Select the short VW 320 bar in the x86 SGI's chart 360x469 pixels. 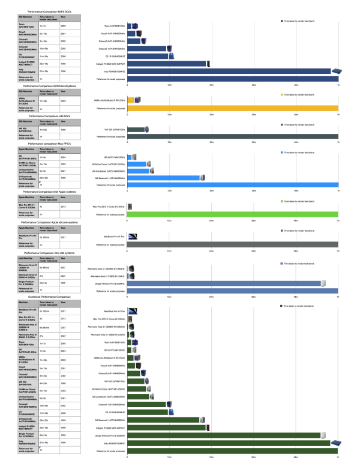tap(136, 129)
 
